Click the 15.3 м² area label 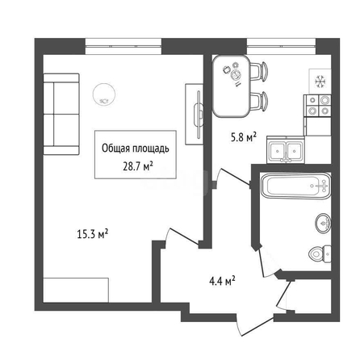[x=93, y=234]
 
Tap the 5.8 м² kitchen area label [x=244, y=137]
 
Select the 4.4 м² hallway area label [x=222, y=281]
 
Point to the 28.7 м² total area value [x=138, y=166]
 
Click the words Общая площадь [x=136, y=149]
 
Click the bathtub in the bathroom [x=295, y=186]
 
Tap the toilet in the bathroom [x=320, y=254]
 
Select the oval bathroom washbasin [x=323, y=224]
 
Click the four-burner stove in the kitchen [x=317, y=106]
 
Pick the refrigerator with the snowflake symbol [x=320, y=82]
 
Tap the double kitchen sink [x=286, y=150]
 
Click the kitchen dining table [x=232, y=86]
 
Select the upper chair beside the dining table [x=259, y=70]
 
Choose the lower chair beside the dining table [x=259, y=101]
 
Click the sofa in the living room [x=61, y=114]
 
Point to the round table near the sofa [x=104, y=94]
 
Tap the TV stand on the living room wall [x=194, y=115]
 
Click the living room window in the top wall [x=123, y=47]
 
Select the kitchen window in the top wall [x=281, y=47]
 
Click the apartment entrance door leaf [x=257, y=327]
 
